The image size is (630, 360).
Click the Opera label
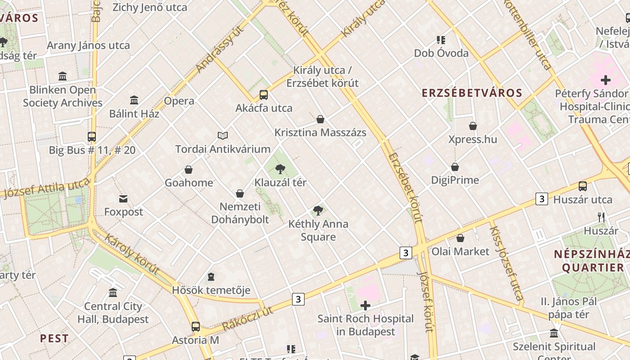(179, 101)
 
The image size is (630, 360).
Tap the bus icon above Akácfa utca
(264, 95)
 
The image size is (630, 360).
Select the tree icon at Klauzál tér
(280, 169)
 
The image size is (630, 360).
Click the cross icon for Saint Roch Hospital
(365, 306)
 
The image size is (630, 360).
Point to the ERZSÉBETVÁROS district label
(472, 93)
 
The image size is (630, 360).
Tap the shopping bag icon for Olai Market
(460, 238)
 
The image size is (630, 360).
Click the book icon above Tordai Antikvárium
(223, 135)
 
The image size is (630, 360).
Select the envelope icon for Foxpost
(123, 198)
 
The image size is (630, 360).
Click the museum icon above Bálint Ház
(134, 100)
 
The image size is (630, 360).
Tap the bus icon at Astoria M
(195, 327)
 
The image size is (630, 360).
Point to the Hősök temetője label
(211, 290)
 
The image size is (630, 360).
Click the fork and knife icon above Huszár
(601, 217)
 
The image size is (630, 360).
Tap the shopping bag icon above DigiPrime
(455, 167)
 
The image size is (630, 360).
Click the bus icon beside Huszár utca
(583, 186)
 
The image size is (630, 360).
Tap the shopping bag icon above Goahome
(189, 170)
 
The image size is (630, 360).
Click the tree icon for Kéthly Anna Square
(318, 210)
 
